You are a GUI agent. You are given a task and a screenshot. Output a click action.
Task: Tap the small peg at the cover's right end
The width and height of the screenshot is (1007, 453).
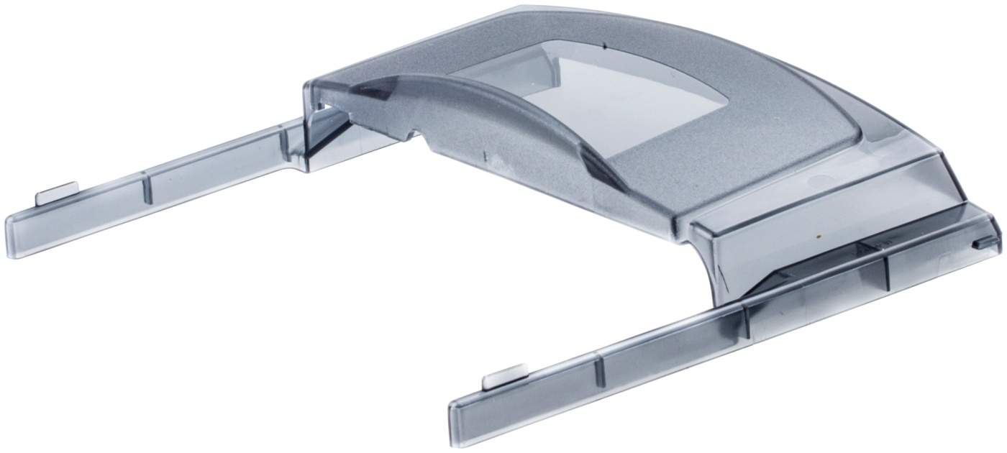(x=976, y=245)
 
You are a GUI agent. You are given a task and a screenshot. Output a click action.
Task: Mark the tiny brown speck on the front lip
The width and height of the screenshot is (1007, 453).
(x=819, y=235)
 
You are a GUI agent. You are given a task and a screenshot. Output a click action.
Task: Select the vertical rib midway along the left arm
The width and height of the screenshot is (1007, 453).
(x=147, y=188)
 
